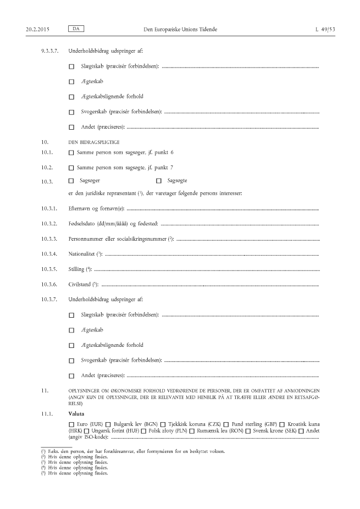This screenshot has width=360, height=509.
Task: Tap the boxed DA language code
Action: pos(80,27)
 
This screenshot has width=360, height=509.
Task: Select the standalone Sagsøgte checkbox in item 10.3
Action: pos(159,180)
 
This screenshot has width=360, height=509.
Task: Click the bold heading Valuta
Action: pos(76,413)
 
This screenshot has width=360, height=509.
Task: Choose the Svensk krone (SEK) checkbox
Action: pos(248,431)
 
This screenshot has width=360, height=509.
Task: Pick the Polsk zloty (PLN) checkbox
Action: pos(143,431)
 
